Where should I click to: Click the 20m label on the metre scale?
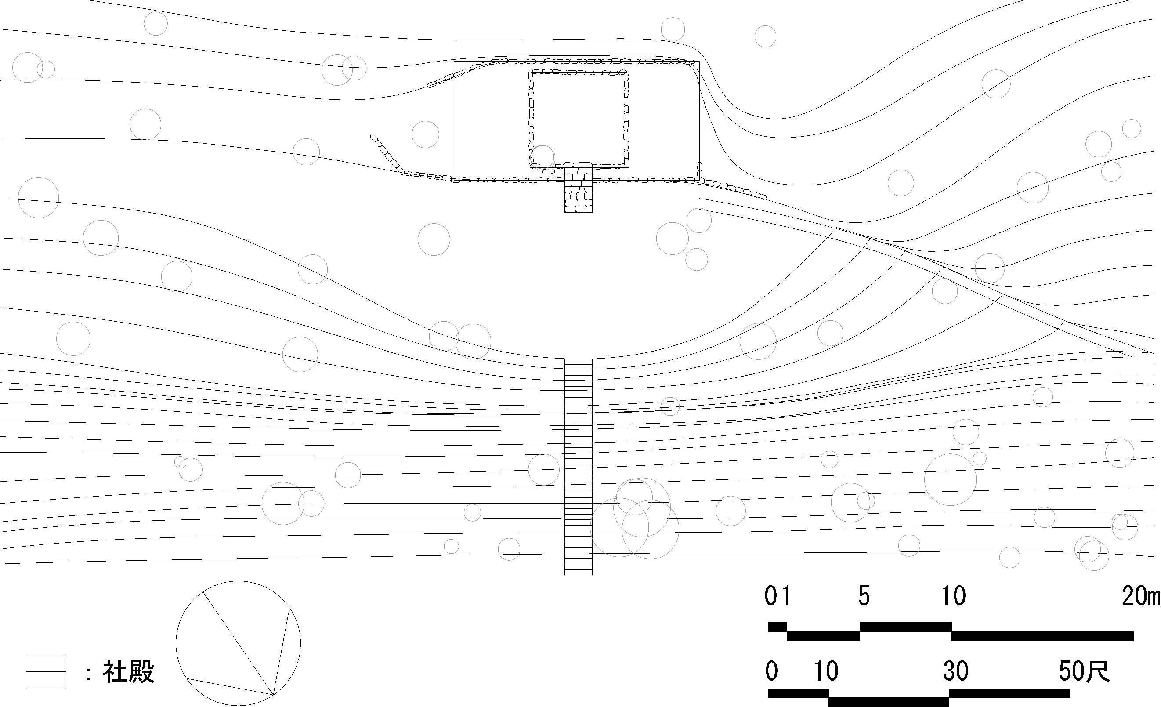click(x=1141, y=596)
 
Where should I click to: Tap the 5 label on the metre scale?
click(x=864, y=596)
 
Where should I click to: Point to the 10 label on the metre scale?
click(x=954, y=596)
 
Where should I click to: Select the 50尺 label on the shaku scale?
click(x=1084, y=671)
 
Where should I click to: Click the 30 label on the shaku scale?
click(x=955, y=671)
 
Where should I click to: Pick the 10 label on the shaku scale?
click(x=826, y=671)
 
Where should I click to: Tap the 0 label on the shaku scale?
click(x=772, y=671)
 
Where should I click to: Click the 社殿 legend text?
click(x=129, y=672)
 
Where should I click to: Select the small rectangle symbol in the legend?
click(x=46, y=671)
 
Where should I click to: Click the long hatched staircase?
click(x=578, y=467)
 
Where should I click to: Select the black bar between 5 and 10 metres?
click(x=905, y=627)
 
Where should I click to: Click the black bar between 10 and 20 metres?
click(x=1042, y=636)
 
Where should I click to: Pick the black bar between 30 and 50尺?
click(x=1009, y=693)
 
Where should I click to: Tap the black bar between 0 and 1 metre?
click(x=778, y=627)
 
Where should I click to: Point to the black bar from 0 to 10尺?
click(x=798, y=693)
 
